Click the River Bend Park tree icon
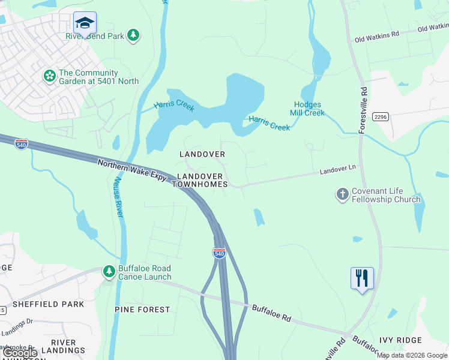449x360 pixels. point(133,36)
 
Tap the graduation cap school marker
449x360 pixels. point(85,23)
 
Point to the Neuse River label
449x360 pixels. point(118,197)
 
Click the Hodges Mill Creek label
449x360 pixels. point(307,109)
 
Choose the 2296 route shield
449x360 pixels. point(380,116)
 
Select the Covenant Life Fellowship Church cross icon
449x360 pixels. point(342,195)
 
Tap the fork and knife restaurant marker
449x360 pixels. point(362,278)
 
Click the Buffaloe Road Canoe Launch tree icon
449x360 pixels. point(109,272)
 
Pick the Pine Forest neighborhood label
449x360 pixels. point(142,310)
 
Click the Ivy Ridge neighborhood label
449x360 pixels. point(400,340)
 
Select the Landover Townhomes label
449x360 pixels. point(200,181)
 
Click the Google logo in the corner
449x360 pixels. point(20,353)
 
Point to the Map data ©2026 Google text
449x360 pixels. point(411,355)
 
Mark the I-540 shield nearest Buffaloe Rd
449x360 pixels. point(219,253)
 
